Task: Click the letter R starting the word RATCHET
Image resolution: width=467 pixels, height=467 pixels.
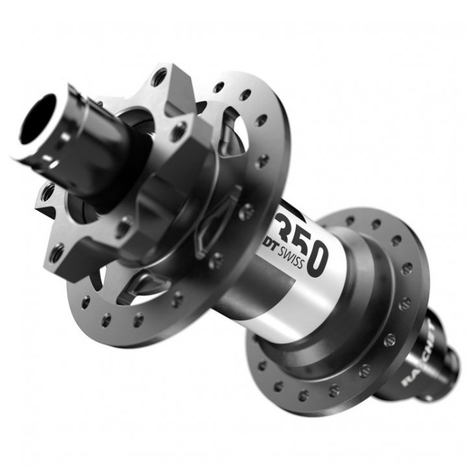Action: (x=407, y=380)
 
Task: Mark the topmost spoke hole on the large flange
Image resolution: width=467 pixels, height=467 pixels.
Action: (x=219, y=86)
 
